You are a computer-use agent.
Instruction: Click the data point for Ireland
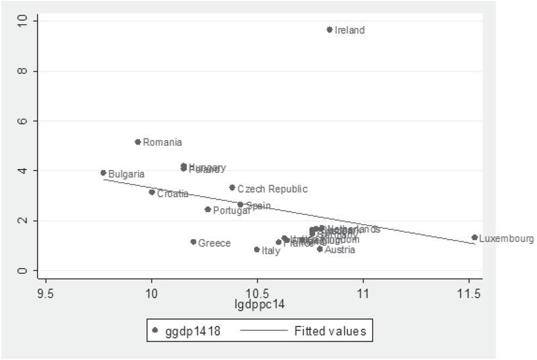pyautogui.click(x=329, y=30)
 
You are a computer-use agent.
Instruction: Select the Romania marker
pyautogui.click(x=138, y=142)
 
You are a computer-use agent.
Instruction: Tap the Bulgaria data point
pyautogui.click(x=104, y=173)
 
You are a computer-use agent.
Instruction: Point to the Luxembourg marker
pyautogui.click(x=474, y=237)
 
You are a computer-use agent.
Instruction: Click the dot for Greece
pyautogui.click(x=194, y=242)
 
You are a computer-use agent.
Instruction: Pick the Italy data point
pyautogui.click(x=257, y=249)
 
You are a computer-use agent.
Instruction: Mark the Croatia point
pyautogui.click(x=152, y=192)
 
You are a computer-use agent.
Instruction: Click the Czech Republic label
pyautogui.click(x=272, y=189)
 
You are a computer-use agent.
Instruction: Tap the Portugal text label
pyautogui.click(x=231, y=210)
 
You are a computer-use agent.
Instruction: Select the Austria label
pyautogui.click(x=339, y=250)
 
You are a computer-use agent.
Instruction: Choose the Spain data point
pyautogui.click(x=241, y=205)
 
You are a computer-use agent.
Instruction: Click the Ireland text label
pyautogui.click(x=349, y=30)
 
